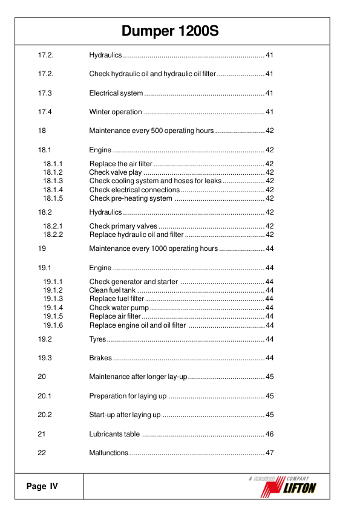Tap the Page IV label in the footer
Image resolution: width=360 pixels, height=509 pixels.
(42, 487)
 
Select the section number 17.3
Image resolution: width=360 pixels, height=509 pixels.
(45, 93)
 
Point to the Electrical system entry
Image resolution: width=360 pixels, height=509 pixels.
(116, 93)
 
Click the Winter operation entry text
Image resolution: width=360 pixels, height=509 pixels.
(116, 112)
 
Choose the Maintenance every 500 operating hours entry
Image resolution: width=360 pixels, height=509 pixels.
(151, 131)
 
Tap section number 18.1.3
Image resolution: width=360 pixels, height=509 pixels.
(53, 181)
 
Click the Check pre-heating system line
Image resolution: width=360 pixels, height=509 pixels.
(131, 198)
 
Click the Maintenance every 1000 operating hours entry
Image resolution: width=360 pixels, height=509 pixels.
(153, 248)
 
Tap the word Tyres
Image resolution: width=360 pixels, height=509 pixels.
(97, 339)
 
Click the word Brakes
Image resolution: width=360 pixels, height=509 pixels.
(100, 358)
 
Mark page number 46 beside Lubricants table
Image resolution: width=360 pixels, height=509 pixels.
(270, 434)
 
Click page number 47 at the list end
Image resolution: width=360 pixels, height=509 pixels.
(270, 453)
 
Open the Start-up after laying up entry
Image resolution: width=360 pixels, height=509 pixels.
(125, 415)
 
